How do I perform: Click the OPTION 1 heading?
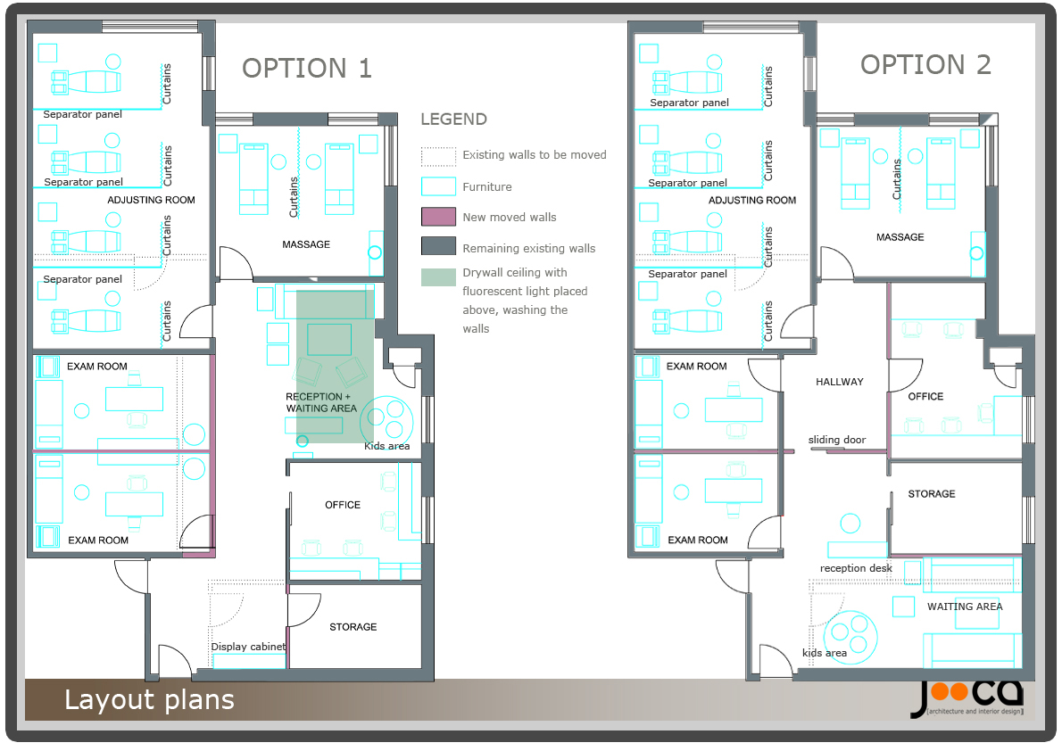[x=307, y=69]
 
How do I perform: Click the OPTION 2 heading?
[x=925, y=65]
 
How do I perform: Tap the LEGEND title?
[x=453, y=120]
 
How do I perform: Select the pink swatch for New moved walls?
[x=438, y=217]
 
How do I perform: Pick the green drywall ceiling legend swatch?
[x=438, y=276]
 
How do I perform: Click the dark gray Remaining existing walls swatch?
[x=438, y=247]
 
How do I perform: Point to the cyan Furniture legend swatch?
[x=438, y=186]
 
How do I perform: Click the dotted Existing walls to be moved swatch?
[x=438, y=156]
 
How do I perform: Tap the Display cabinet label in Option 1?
[x=248, y=647]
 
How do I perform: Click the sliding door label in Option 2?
[x=836, y=440]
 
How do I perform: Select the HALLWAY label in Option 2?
[x=839, y=382]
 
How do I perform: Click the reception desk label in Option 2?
[x=856, y=568]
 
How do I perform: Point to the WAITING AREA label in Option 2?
[x=964, y=607]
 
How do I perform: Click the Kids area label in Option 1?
[x=386, y=446]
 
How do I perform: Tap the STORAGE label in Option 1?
[x=353, y=627]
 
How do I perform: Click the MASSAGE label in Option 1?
[x=306, y=244]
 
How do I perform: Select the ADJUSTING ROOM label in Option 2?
[x=752, y=201]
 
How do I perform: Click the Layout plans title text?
[x=149, y=700]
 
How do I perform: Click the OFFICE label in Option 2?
[x=925, y=396]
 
